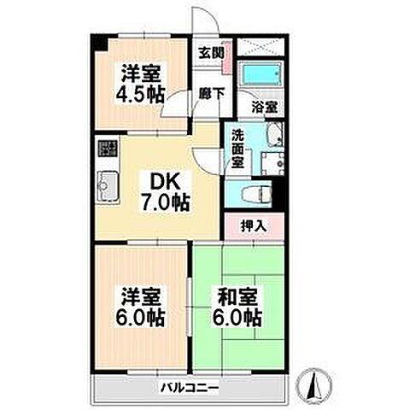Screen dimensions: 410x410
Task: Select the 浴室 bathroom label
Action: coord(265,108)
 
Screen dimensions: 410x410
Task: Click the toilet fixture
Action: coord(255,192)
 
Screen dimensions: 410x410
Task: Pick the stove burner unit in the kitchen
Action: coord(107,150)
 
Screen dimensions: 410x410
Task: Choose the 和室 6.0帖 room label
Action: coord(234,308)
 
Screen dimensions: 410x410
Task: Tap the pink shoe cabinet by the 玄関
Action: coord(225,52)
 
